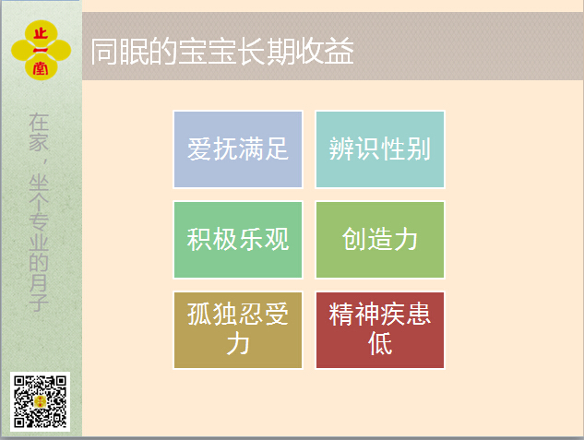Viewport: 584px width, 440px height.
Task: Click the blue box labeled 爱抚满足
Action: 238,149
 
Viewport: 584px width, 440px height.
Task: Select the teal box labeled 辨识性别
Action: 380,149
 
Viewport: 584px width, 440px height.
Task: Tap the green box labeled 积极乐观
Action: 238,240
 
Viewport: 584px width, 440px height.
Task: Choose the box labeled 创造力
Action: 380,240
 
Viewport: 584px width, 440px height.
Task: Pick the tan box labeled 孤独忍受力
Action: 238,330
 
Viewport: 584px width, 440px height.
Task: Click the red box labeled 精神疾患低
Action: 380,330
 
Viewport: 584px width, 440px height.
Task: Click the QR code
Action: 41,401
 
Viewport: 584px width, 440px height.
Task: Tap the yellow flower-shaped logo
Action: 41,50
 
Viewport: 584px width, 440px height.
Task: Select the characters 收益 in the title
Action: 325,51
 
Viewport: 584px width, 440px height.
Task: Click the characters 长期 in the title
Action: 266,51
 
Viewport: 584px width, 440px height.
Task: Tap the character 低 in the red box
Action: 380,343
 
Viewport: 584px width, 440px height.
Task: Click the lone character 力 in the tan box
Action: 238,343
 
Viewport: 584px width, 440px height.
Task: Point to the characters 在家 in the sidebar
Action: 39,132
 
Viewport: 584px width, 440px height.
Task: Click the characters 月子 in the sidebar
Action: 39,293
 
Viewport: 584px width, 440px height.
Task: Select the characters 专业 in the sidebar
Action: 39,232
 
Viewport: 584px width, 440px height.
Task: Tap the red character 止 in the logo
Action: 41,34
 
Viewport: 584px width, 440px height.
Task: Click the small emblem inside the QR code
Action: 41,401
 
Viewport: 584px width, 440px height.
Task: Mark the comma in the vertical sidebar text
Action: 45,162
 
